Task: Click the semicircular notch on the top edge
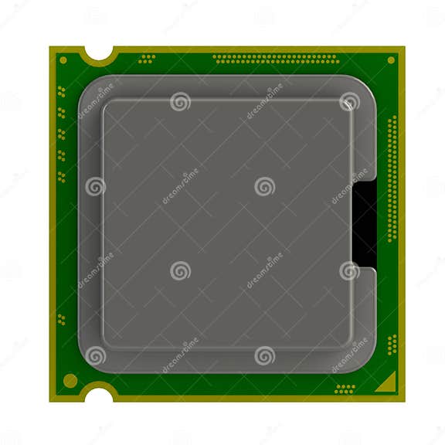point(100,53)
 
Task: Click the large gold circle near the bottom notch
point(70,380)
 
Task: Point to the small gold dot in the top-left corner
point(63,59)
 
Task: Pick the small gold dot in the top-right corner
point(391,59)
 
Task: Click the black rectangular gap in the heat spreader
point(364,225)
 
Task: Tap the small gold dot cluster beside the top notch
point(147,59)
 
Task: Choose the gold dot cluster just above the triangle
point(392,344)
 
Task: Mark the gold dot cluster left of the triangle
point(345,388)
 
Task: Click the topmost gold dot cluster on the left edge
point(61,90)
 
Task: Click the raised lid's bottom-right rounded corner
point(347,341)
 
